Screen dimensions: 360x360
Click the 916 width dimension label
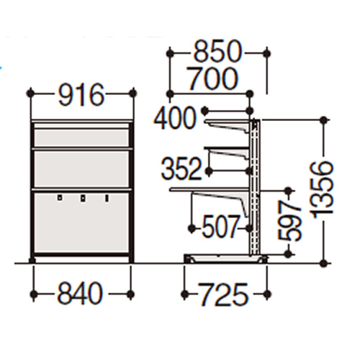(x=81, y=95)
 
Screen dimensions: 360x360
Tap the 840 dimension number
(x=80, y=294)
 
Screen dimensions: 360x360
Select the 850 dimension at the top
(x=217, y=52)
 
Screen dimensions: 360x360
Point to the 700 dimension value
(x=212, y=78)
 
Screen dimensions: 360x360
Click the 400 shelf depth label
(x=174, y=118)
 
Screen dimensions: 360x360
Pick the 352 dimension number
(x=181, y=168)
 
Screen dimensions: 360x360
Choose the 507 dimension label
(x=220, y=226)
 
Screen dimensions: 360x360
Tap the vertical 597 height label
(x=289, y=221)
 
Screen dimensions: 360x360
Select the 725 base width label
(x=222, y=294)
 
